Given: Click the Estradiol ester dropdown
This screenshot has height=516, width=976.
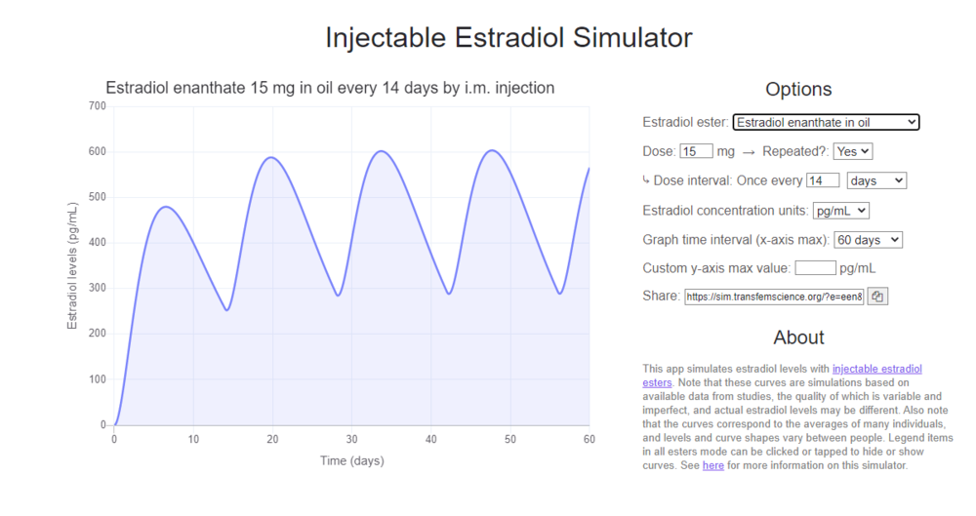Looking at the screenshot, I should pyautogui.click(x=826, y=122).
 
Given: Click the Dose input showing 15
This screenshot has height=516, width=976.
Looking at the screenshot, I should pyautogui.click(x=696, y=151).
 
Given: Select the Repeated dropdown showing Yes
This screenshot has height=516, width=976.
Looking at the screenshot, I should pyautogui.click(x=852, y=151).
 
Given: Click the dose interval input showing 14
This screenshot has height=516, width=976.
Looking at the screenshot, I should pyautogui.click(x=823, y=180).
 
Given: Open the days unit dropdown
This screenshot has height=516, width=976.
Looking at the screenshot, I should pyautogui.click(x=876, y=180).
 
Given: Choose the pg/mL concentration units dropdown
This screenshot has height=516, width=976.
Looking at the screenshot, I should pyautogui.click(x=840, y=210).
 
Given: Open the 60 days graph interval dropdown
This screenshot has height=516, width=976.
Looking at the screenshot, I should pyautogui.click(x=869, y=239).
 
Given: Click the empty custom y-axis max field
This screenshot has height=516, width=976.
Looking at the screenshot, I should pyautogui.click(x=815, y=267).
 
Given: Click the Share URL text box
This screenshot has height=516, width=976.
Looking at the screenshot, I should pyautogui.click(x=774, y=297).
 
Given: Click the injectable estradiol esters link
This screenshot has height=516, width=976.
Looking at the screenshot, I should pyautogui.click(x=876, y=369).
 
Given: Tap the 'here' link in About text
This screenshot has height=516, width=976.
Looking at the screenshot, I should pyautogui.click(x=712, y=465).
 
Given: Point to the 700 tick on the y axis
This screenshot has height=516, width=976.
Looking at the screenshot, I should pyautogui.click(x=97, y=105).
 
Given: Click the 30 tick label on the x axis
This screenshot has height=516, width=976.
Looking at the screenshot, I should pyautogui.click(x=351, y=440).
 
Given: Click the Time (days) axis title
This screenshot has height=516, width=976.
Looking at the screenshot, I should pyautogui.click(x=351, y=460).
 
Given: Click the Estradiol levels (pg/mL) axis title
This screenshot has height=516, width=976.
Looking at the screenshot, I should pyautogui.click(x=72, y=265).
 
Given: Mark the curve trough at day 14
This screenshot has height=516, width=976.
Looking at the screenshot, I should pyautogui.click(x=226, y=310).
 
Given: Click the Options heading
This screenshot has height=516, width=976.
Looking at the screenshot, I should pyautogui.click(x=798, y=89).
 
